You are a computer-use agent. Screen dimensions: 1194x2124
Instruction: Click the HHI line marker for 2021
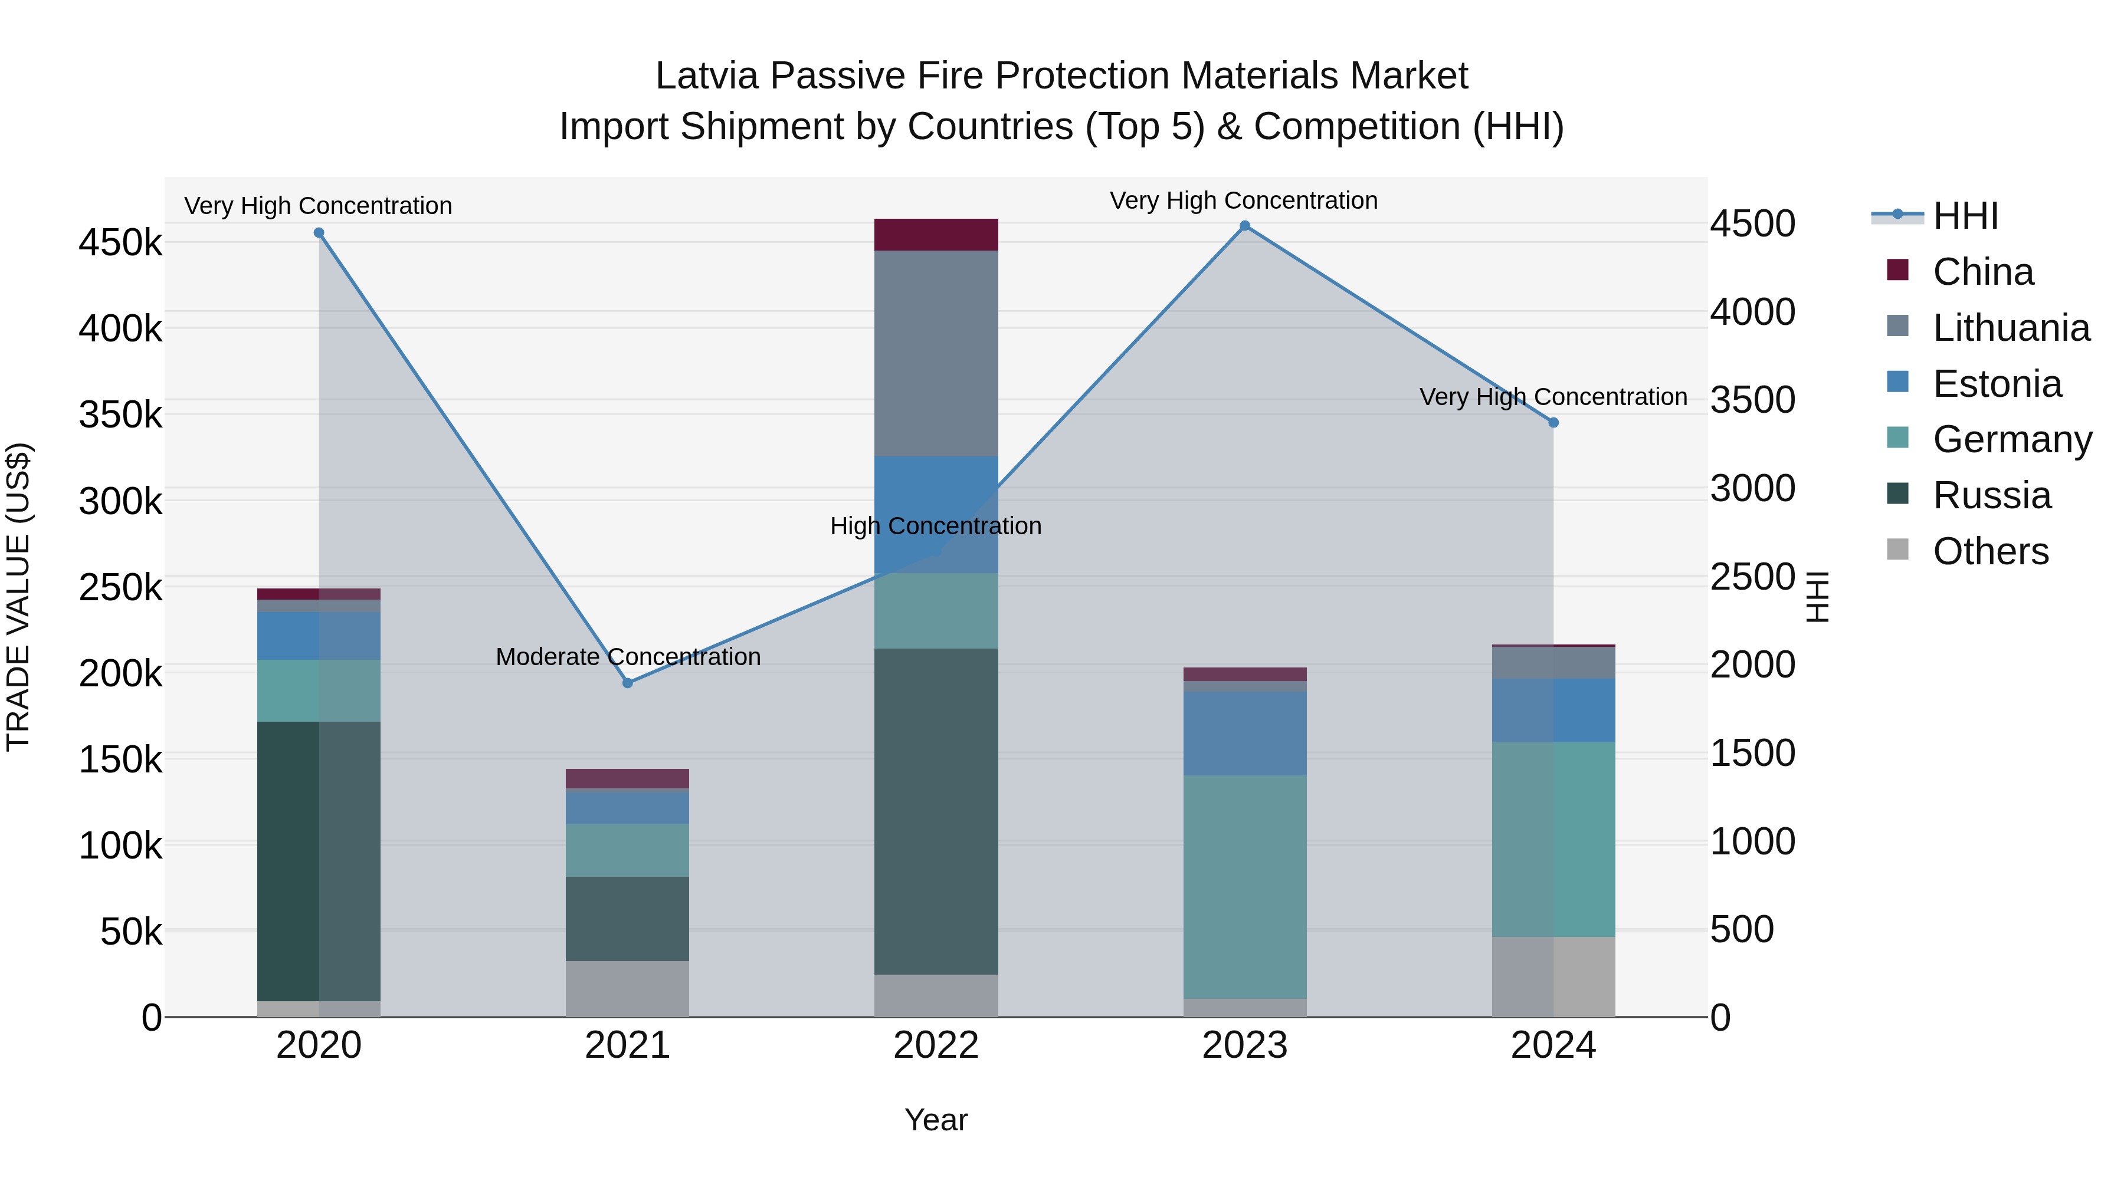628,683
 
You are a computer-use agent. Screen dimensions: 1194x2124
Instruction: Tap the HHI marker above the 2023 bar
1245,226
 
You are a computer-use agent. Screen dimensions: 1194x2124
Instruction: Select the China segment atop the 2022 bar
936,235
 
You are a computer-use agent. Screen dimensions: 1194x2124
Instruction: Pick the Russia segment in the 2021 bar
628,919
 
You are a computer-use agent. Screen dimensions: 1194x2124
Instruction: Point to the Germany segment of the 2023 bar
1245,887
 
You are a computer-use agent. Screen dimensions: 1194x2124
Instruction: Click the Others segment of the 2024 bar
1553,976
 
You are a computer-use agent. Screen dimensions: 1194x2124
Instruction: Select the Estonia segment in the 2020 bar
319,635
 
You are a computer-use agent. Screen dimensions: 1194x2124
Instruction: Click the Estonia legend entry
1996,384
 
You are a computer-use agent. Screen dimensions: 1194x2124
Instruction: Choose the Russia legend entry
1991,495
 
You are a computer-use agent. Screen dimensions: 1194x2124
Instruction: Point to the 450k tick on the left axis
120,243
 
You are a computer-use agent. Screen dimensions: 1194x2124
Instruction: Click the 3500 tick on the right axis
1752,400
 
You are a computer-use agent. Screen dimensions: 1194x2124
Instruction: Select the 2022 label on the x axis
936,1045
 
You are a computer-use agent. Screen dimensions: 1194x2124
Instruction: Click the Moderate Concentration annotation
628,657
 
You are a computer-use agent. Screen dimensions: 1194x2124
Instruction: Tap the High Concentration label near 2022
936,526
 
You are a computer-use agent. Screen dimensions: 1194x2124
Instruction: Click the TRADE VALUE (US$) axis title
18,597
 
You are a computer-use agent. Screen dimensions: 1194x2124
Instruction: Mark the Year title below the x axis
936,1120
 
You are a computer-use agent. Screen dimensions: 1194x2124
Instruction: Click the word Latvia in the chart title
707,76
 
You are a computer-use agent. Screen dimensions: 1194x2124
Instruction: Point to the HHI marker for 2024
1553,423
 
